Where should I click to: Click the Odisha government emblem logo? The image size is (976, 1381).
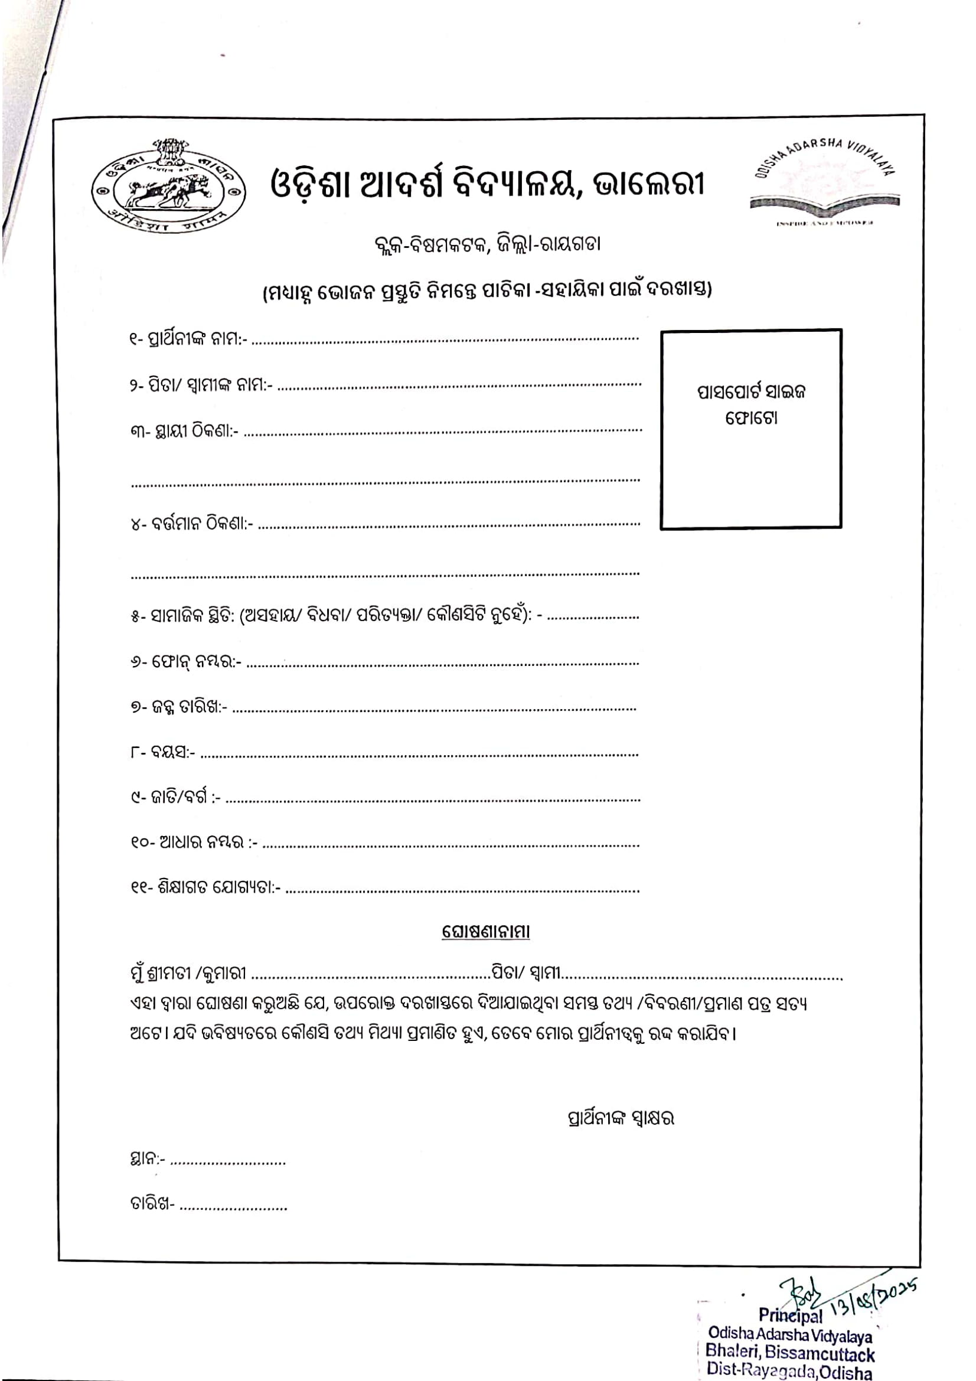pos(169,188)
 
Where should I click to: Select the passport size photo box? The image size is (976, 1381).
pos(750,429)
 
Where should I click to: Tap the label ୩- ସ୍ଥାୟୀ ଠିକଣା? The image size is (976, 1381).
pos(184,431)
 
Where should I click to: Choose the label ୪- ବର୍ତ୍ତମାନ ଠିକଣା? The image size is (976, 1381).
pos(192,524)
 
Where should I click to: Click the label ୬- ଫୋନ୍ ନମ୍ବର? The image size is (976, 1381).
pos(186,662)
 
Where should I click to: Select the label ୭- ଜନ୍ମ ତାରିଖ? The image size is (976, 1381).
pos(178,707)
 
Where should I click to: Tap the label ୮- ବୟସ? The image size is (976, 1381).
pos(162,752)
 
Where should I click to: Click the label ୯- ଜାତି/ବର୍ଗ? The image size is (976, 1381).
pos(175,798)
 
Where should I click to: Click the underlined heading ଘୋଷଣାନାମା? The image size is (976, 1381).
pos(486,932)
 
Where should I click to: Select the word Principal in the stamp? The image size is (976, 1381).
pos(789,1315)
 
